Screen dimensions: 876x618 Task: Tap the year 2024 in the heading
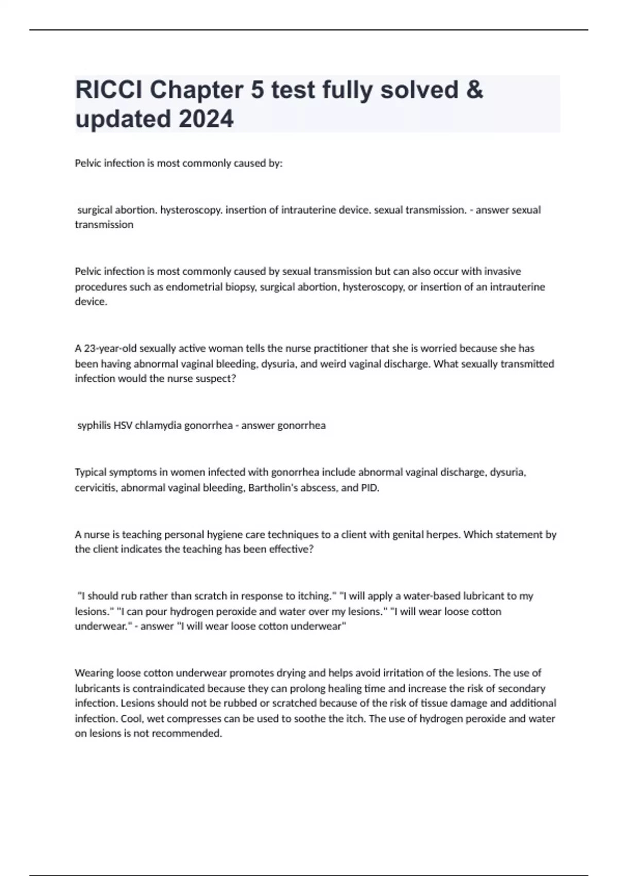point(206,119)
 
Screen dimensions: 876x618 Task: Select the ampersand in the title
point(476,90)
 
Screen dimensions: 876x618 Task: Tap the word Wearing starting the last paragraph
point(94,673)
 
